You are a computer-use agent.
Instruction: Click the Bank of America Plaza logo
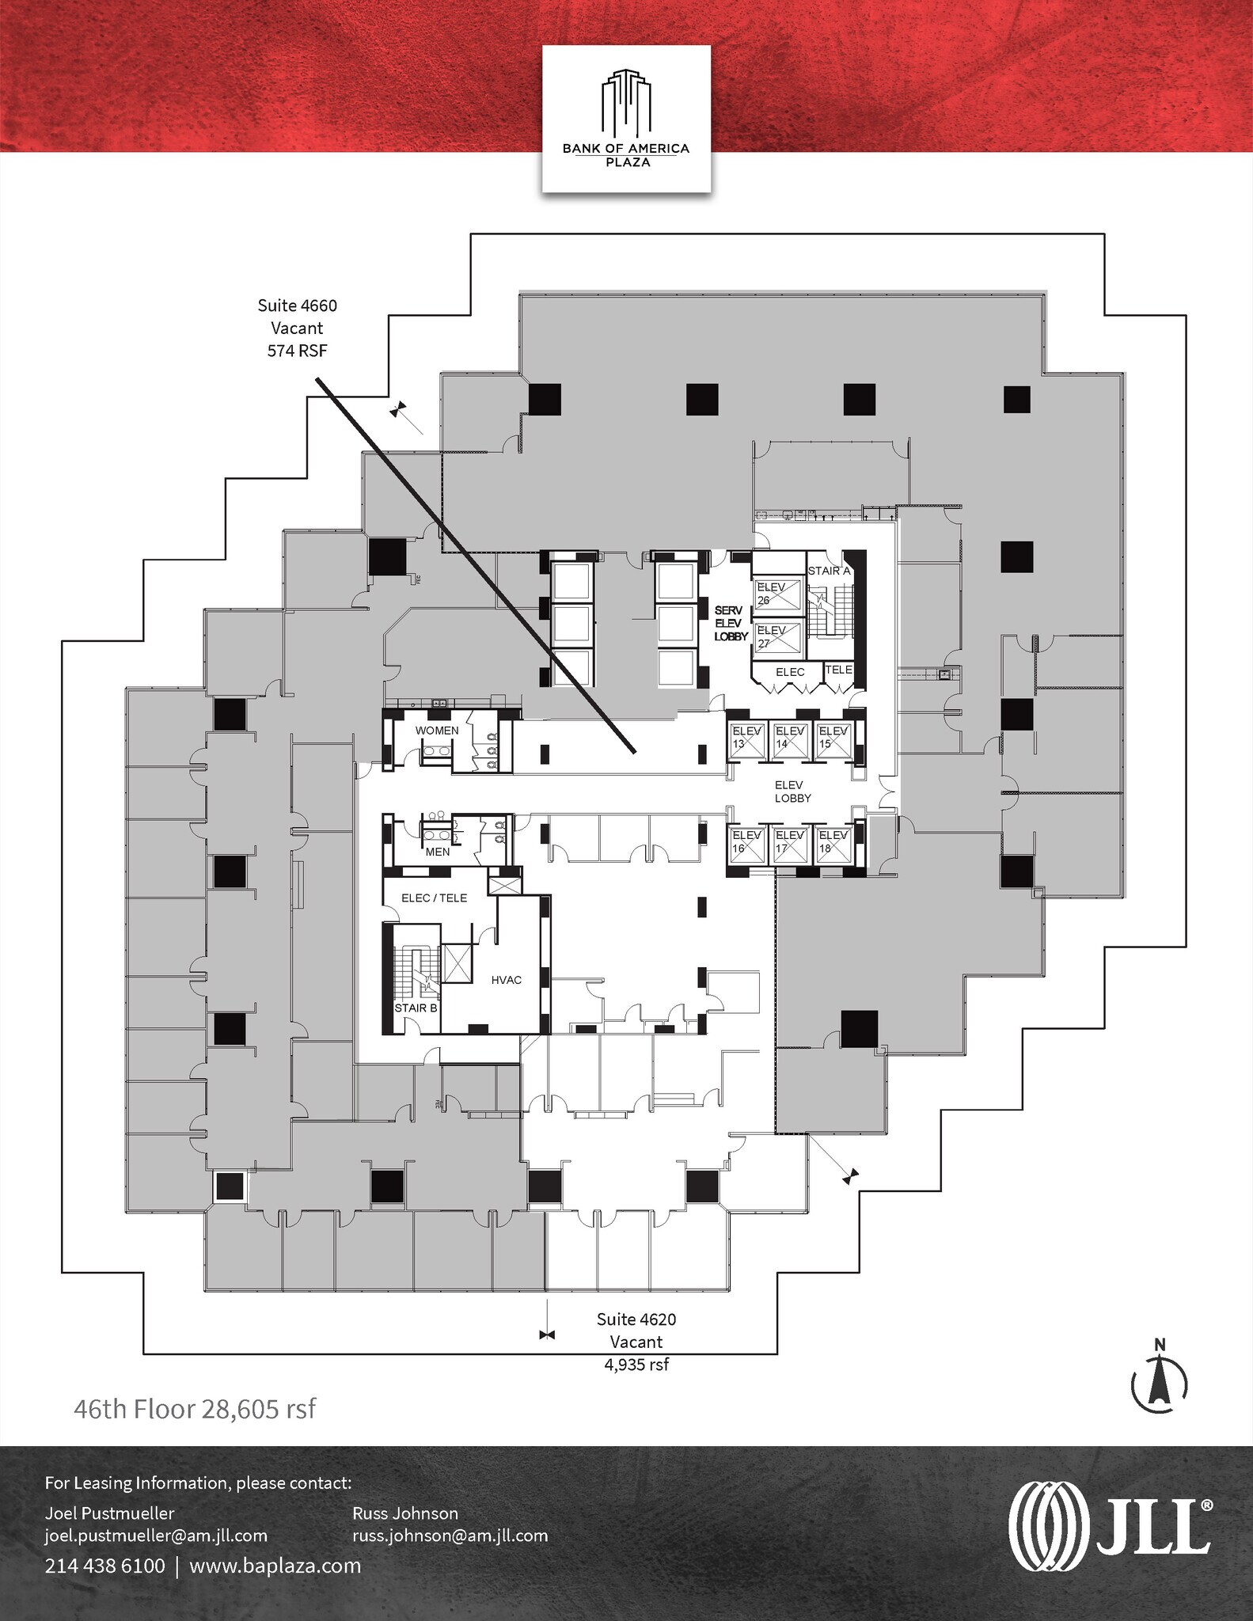(x=625, y=118)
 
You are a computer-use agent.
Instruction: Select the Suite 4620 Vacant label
(x=636, y=1341)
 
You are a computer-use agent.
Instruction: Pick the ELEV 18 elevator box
(x=833, y=842)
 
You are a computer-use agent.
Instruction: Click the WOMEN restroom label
(x=437, y=731)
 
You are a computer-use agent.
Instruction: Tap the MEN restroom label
(x=438, y=852)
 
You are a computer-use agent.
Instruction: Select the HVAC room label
(x=507, y=980)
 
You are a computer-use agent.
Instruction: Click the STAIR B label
(x=416, y=1008)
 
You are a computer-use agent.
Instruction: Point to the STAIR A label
(x=828, y=571)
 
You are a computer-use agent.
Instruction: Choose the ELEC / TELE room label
(x=434, y=898)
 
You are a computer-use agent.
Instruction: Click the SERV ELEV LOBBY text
(x=731, y=624)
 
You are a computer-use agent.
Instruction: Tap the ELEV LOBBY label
(x=793, y=792)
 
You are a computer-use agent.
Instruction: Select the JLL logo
(x=1109, y=1525)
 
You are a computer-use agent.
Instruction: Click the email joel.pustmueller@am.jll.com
(x=156, y=1536)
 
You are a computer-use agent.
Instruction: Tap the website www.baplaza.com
(x=275, y=1566)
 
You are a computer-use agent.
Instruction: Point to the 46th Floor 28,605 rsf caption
(x=195, y=1410)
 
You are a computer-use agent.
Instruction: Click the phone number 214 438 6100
(x=104, y=1566)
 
